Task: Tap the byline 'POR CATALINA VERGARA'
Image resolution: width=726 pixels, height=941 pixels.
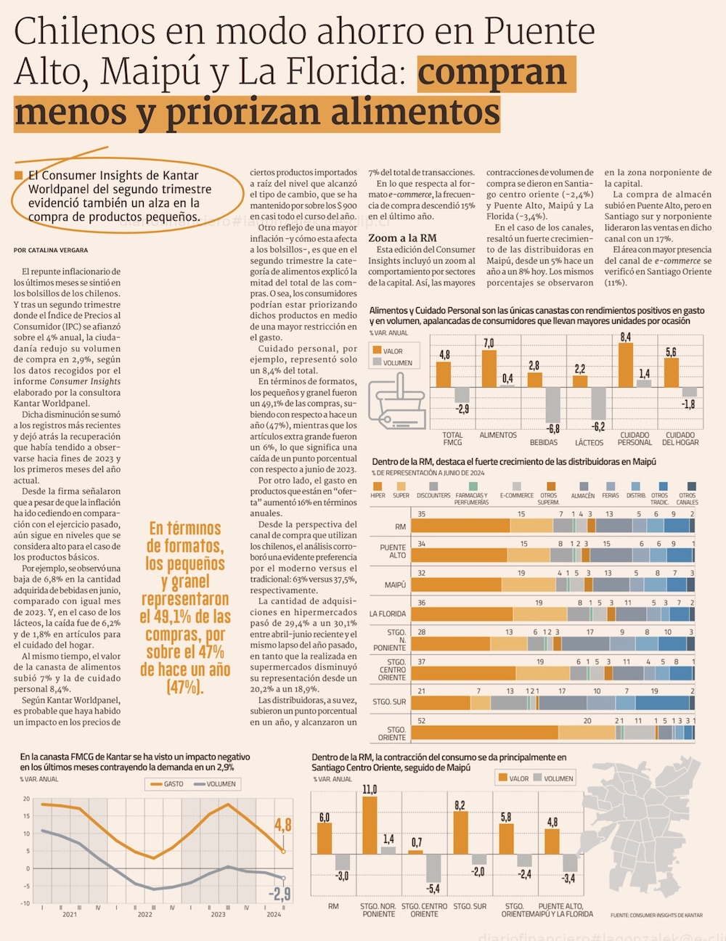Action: (51, 250)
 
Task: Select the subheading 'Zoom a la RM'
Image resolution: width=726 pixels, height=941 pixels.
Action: (402, 237)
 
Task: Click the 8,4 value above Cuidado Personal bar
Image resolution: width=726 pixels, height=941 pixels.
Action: (625, 337)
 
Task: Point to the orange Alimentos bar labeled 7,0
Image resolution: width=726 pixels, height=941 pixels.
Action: (489, 368)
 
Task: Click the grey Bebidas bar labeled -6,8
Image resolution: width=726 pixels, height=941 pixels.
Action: (553, 405)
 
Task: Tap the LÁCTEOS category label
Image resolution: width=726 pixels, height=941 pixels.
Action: (589, 442)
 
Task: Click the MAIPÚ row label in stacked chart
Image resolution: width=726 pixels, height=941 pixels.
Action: (395, 584)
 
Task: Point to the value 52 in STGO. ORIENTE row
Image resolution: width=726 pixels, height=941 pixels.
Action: (422, 721)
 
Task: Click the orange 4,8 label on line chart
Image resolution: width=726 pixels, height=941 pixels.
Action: (282, 825)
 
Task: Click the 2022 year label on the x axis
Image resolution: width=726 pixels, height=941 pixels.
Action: (144, 914)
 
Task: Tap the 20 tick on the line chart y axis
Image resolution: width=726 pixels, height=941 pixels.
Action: (26, 799)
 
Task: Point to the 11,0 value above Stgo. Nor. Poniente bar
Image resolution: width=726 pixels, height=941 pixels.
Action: (370, 789)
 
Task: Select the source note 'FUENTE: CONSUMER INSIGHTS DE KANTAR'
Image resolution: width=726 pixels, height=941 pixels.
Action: (656, 916)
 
